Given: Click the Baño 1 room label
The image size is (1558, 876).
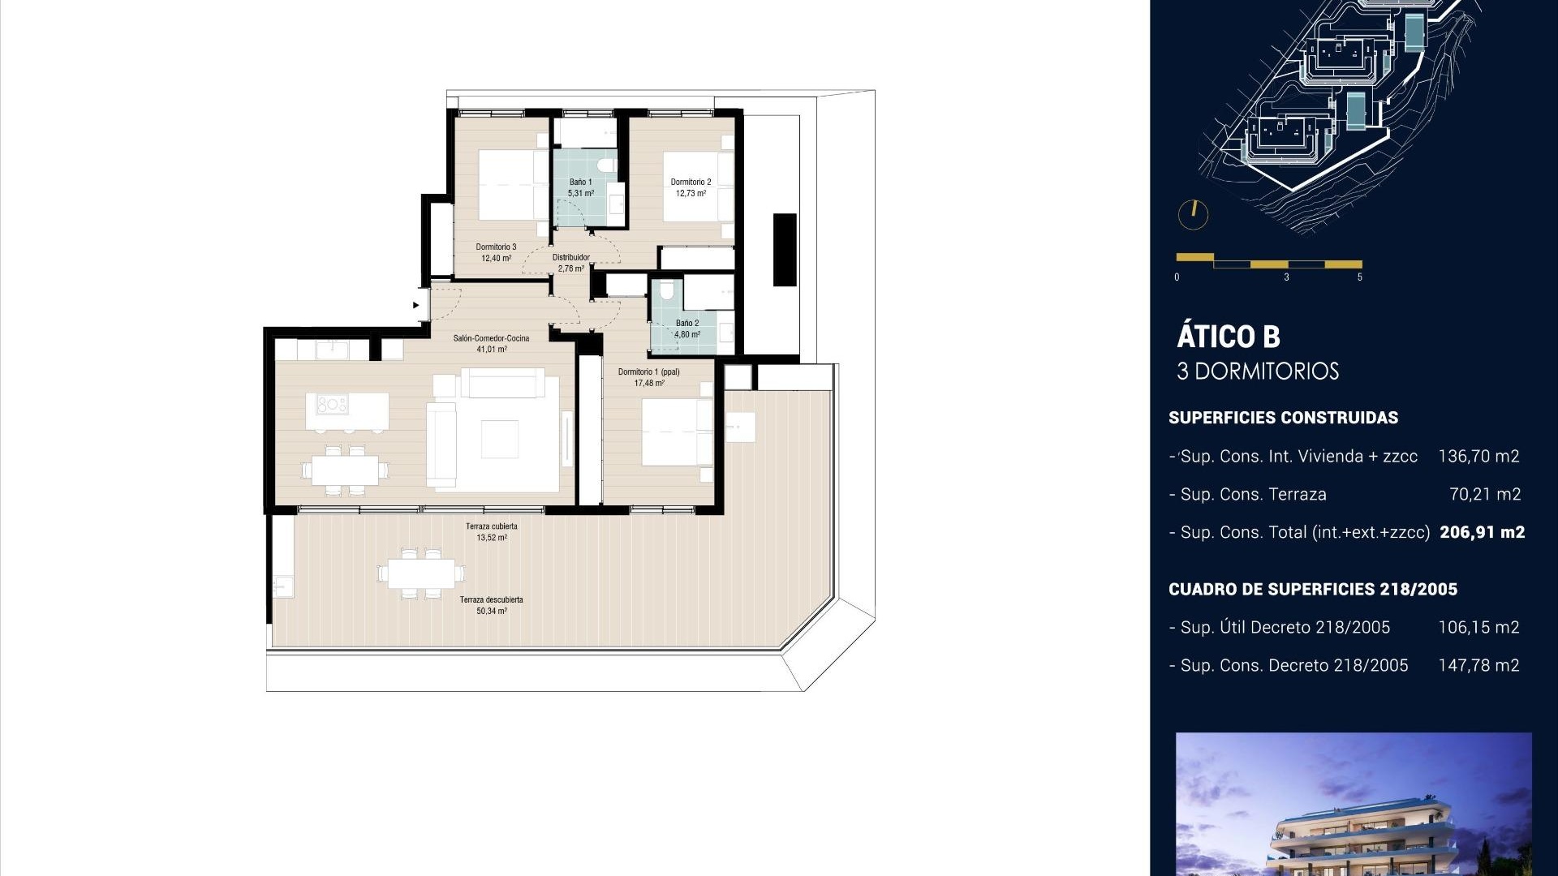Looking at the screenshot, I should (x=580, y=182).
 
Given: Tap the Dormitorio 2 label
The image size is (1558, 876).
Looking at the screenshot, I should (x=691, y=182).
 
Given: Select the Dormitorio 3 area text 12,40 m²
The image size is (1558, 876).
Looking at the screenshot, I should (x=496, y=259).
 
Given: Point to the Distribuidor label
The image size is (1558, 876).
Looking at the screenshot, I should (x=571, y=258).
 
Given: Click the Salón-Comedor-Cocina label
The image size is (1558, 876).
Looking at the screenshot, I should (x=491, y=338).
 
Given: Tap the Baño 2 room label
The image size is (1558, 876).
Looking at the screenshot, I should (x=686, y=324).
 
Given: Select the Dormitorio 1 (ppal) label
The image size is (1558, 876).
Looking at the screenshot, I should (x=648, y=372).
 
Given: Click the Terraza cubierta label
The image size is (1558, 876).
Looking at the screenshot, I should (x=491, y=526).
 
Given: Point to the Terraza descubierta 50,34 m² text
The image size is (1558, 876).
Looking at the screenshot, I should (x=491, y=612).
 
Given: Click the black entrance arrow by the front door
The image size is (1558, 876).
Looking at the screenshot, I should (x=416, y=306).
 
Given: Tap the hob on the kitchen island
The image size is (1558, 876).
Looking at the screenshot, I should (x=332, y=404).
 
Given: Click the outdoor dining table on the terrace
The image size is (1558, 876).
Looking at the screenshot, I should (x=421, y=573).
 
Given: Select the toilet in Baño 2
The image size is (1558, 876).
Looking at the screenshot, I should (x=667, y=290).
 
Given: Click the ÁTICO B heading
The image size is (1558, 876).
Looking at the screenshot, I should (x=1228, y=337).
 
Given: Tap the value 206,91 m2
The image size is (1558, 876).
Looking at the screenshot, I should (x=1482, y=533).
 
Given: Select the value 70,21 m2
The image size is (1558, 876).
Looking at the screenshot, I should (x=1485, y=495).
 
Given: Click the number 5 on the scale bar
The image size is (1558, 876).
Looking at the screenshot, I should (x=1360, y=277).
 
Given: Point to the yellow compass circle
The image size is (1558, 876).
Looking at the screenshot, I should (x=1193, y=215).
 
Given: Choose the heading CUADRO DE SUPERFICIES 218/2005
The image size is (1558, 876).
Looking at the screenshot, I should (x=1312, y=590).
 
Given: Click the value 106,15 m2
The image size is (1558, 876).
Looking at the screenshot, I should (x=1478, y=628).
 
